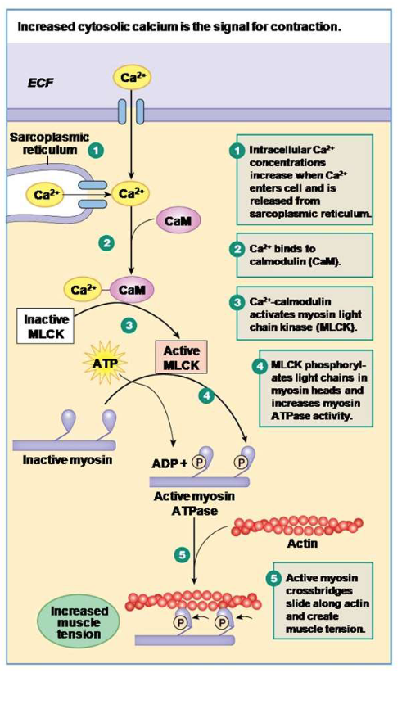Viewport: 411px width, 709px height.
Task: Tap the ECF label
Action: [x=41, y=83]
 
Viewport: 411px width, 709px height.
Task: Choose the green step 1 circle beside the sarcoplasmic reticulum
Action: [x=97, y=151]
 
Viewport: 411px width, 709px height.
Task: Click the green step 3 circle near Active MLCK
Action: [x=129, y=325]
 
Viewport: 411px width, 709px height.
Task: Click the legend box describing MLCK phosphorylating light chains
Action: [x=311, y=390]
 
